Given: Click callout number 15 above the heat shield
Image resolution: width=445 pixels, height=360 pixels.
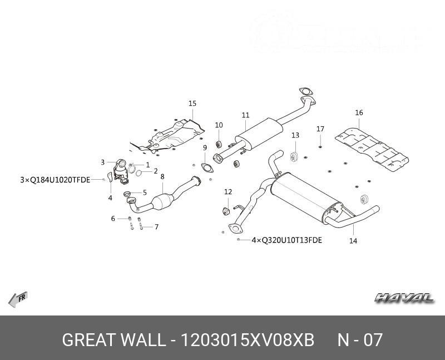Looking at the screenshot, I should point(192,103).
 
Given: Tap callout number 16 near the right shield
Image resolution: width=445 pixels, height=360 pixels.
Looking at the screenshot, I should point(359,113).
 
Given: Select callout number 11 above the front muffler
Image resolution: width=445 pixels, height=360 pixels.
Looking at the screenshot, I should point(245,115).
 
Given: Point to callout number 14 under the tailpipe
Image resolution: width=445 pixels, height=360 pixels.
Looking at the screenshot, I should point(353,241).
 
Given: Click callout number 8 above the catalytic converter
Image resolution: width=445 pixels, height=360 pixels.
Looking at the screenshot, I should point(162,177).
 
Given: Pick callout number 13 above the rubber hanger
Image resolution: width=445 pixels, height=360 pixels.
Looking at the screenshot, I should point(295,135).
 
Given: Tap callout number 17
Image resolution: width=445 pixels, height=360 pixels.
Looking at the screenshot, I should point(320,129).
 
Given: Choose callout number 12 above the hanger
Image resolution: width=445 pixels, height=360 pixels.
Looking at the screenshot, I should point(228,192).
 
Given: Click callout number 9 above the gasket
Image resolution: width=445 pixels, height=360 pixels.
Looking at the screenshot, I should point(205,147).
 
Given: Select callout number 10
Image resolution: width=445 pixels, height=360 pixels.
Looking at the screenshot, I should point(219,125).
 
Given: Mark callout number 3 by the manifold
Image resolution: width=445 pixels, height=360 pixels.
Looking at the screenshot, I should point(103,162).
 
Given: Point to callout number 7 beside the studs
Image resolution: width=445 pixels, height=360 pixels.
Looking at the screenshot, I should point(157,227).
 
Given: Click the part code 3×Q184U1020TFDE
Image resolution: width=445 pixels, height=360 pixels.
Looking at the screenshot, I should point(55,180).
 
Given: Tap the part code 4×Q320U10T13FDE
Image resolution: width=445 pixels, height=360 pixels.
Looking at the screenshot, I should point(286,240).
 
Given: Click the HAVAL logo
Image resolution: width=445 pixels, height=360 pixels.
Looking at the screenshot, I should point(404,298).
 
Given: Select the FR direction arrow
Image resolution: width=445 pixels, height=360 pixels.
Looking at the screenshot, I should point(18,299).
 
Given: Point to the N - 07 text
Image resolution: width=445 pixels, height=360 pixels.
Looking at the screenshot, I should point(360,340).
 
